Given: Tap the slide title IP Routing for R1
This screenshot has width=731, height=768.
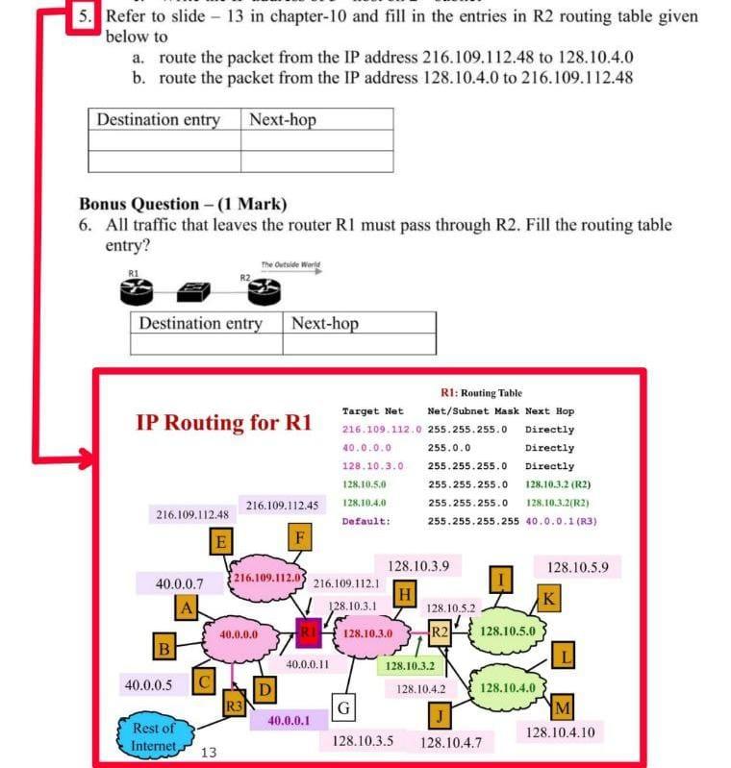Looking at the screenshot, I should click(x=225, y=423).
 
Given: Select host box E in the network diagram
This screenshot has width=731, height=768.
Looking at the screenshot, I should click(x=220, y=542).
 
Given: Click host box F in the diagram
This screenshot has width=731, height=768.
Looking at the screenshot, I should click(x=301, y=535).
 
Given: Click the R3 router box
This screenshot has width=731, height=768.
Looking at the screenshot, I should click(x=234, y=703).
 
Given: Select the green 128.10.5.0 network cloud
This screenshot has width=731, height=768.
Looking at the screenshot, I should click(x=513, y=632).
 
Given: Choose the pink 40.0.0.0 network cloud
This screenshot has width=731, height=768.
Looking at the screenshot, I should click(x=238, y=635).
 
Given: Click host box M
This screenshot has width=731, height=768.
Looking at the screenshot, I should click(x=563, y=709).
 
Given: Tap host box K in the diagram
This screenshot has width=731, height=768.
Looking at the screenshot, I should click(x=548, y=599).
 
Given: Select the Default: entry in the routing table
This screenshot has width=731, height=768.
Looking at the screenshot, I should click(x=365, y=521).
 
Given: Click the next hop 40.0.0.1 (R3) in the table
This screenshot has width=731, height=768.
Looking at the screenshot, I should click(x=562, y=521).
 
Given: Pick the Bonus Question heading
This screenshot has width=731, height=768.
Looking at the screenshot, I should click(x=183, y=204).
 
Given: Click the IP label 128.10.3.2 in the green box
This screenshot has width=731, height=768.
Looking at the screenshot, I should click(x=411, y=665).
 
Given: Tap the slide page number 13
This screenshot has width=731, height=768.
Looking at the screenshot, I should click(x=208, y=752).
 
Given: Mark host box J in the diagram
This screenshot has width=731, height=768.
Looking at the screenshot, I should click(x=440, y=715).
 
